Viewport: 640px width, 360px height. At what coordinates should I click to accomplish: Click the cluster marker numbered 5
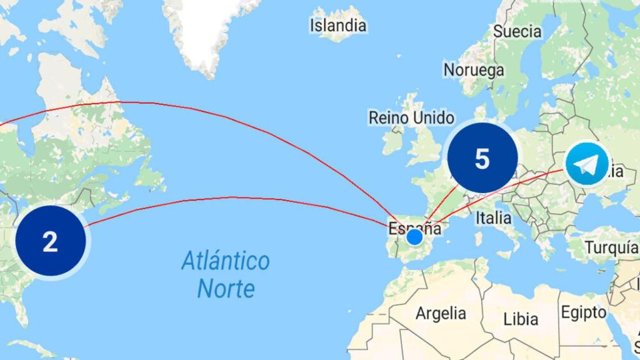coord(482,159)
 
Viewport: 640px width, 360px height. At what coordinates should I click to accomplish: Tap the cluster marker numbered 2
coord(50,241)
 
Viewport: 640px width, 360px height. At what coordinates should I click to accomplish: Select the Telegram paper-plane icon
coord(587,164)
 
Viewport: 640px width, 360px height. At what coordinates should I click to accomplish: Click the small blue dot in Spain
coord(414,237)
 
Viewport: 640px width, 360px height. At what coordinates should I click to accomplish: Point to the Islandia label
coord(338,26)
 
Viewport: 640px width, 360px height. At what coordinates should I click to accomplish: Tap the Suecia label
coord(517,31)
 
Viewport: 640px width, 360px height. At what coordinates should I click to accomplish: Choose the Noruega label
coord(474,69)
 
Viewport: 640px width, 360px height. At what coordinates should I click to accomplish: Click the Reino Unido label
coord(411,117)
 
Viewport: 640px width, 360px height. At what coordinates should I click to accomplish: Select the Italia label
coord(493,218)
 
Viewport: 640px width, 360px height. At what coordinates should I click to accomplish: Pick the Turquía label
coord(611,247)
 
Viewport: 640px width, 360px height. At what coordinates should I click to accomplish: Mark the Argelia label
coord(441,312)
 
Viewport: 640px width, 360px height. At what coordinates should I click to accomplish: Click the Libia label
coord(521,319)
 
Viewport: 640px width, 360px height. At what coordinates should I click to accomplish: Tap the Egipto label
coord(583,312)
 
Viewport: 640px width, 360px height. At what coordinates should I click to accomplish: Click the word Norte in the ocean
coord(226,289)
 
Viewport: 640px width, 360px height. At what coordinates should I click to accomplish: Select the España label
coord(415,227)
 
